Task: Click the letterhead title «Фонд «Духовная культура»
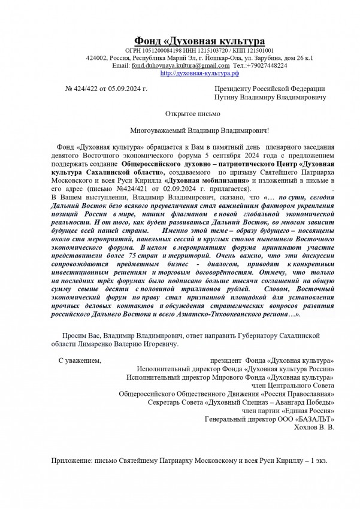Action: coord(199,41)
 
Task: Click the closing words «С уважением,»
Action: coord(80,361)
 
